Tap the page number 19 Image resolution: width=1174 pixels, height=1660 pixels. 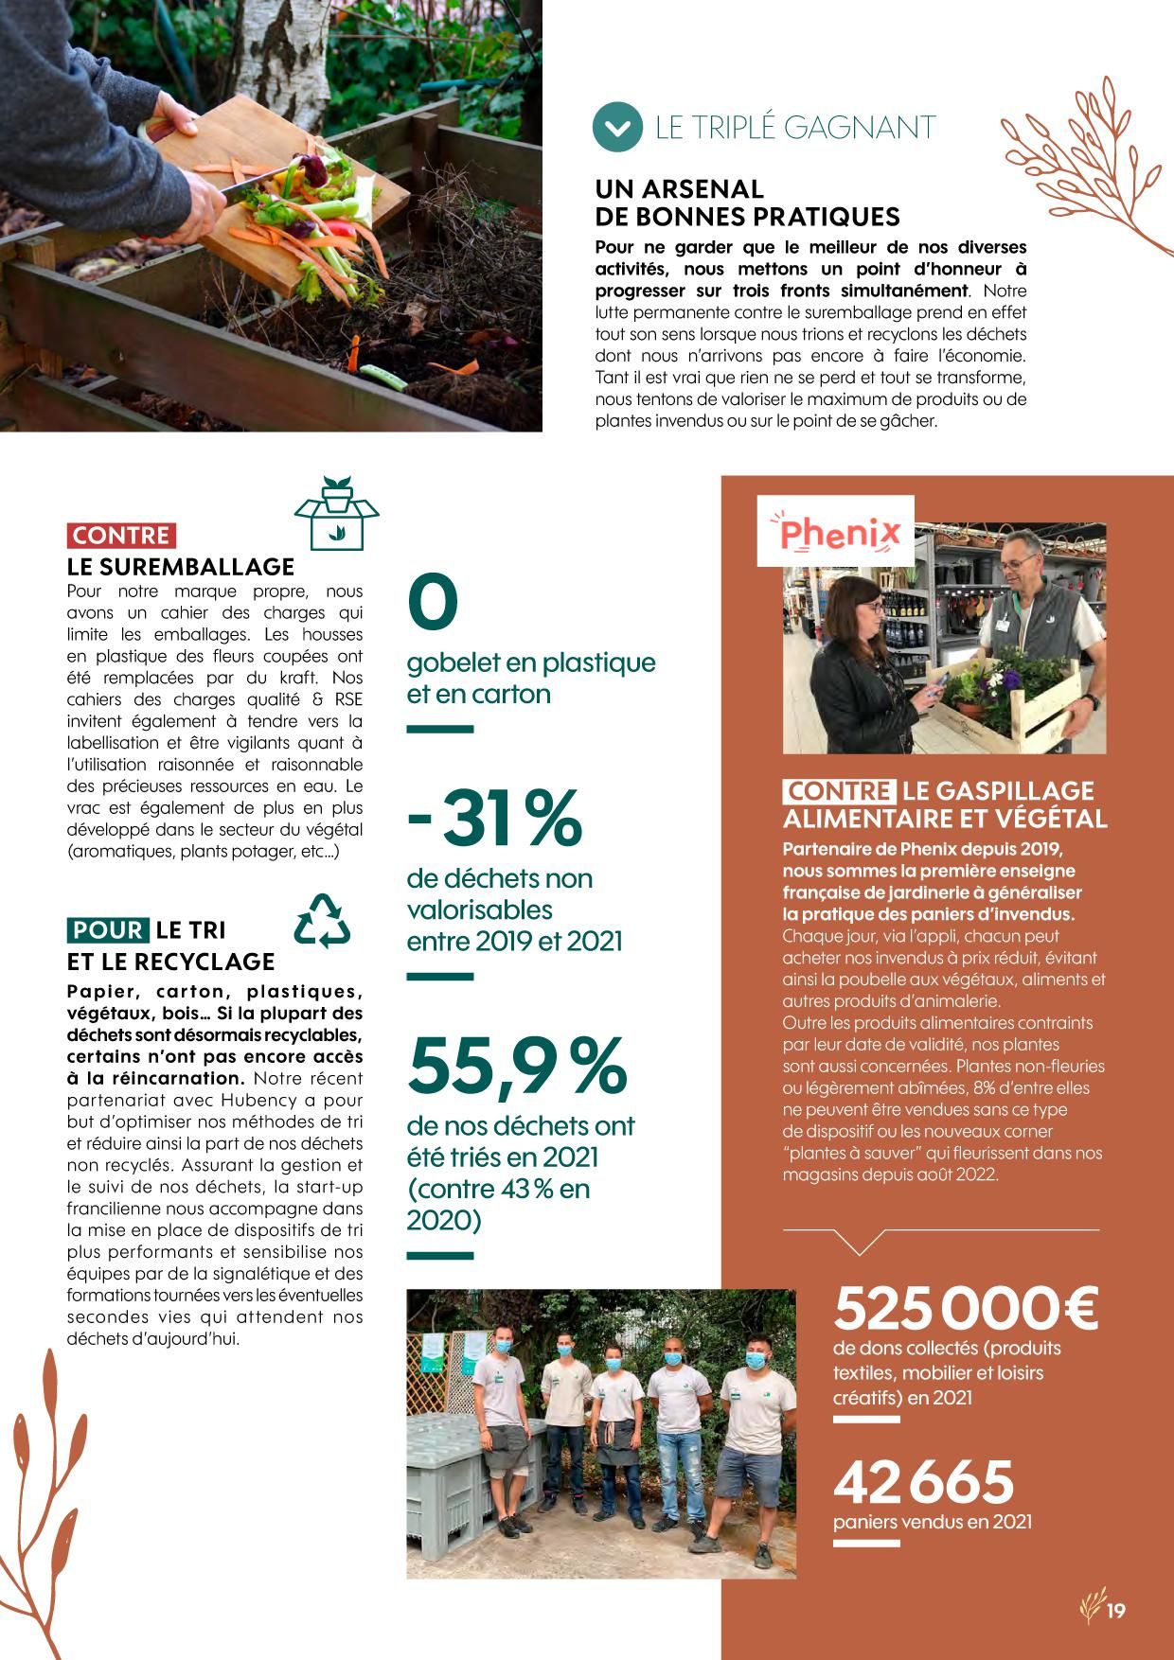(x=1116, y=1611)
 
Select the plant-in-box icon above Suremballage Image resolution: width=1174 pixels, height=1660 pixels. (x=336, y=512)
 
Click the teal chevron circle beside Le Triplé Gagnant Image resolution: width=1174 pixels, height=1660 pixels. (x=617, y=128)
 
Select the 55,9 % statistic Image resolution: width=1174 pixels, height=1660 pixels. (x=517, y=1065)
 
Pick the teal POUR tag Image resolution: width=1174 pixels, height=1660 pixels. (x=108, y=930)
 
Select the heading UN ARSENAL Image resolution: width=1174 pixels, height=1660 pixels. (x=679, y=189)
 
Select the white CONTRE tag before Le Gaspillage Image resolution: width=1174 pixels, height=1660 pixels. (x=839, y=791)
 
